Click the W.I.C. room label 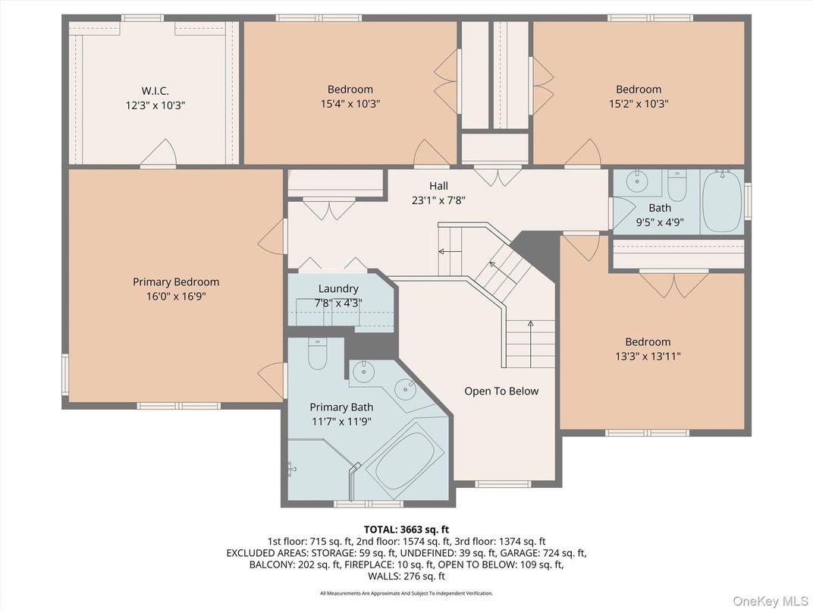[x=155, y=90]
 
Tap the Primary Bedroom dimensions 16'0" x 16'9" [x=176, y=297]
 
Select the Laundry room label [x=338, y=288]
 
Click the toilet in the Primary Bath [x=318, y=355]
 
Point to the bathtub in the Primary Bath [x=404, y=460]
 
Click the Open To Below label [x=501, y=391]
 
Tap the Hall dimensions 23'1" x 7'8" [x=438, y=201]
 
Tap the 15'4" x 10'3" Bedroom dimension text [x=350, y=104]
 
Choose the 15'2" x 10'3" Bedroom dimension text [x=638, y=104]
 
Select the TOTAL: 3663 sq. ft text [x=406, y=528]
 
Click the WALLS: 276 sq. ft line [x=406, y=576]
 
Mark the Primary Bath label [x=341, y=407]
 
